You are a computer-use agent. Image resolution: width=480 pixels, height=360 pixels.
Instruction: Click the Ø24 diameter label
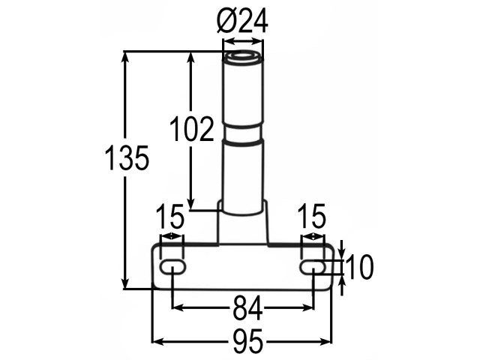click(x=242, y=20)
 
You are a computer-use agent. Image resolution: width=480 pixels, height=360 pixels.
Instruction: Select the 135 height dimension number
click(x=127, y=158)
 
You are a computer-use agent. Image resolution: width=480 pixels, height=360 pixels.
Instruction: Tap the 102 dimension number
click(x=192, y=129)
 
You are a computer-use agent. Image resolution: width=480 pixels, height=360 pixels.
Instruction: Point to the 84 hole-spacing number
click(x=248, y=308)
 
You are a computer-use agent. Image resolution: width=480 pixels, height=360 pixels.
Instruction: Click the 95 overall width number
click(x=248, y=340)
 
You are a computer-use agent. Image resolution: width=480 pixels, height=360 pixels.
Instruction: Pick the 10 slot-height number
click(x=359, y=267)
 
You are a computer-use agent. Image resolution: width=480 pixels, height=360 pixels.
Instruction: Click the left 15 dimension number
click(x=170, y=217)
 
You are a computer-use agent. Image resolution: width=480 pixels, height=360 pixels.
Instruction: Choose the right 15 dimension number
click(x=312, y=217)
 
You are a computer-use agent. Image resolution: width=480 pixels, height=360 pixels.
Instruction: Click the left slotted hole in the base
click(x=173, y=267)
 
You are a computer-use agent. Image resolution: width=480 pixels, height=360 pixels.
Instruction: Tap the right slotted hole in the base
click(x=313, y=267)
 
